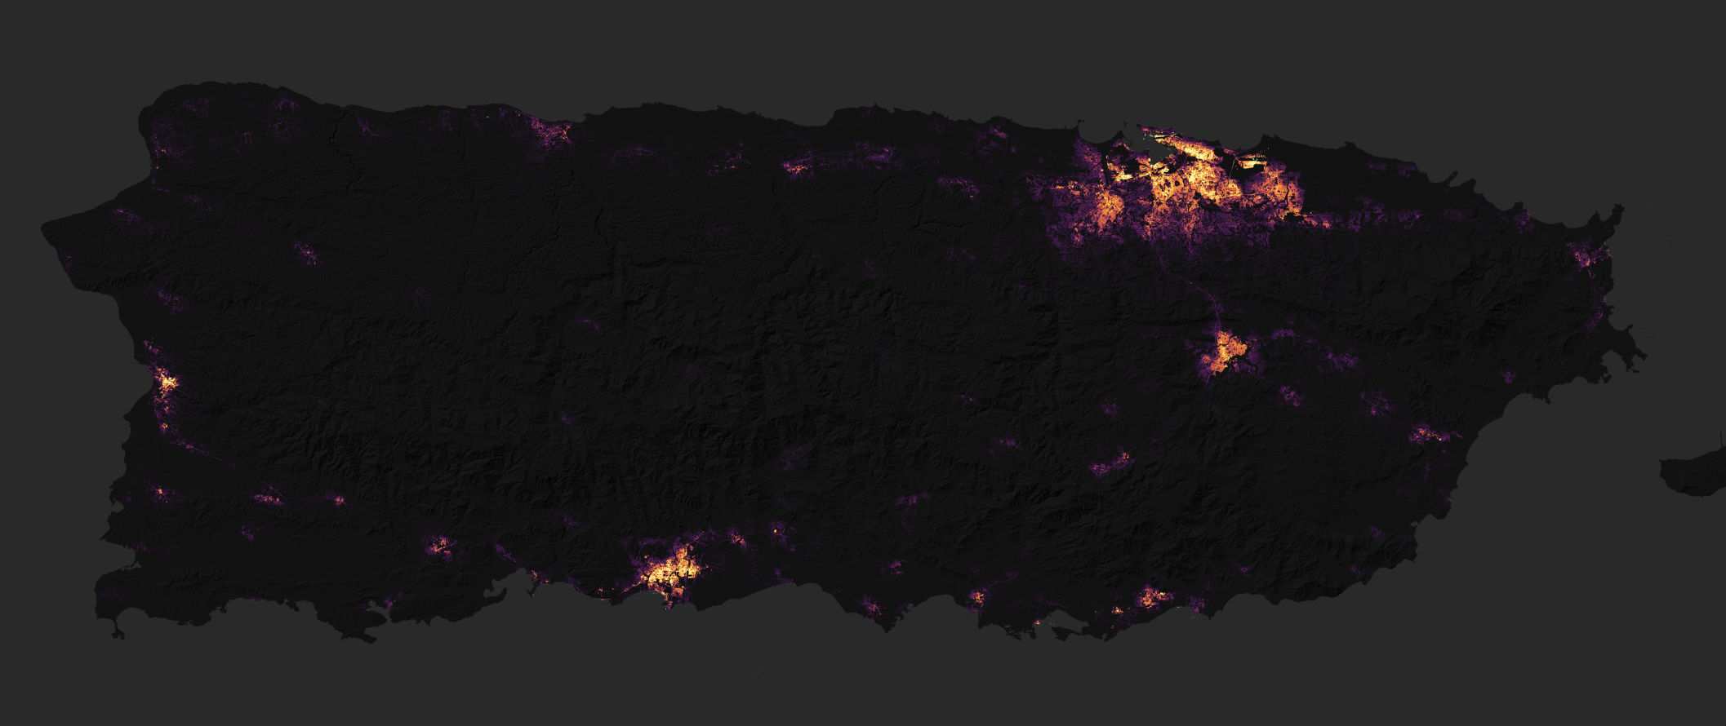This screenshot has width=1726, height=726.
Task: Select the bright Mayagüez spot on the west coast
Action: point(167,383)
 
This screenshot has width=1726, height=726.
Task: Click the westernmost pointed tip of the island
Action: point(45,228)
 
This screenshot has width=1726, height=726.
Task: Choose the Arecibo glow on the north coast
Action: point(555,135)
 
